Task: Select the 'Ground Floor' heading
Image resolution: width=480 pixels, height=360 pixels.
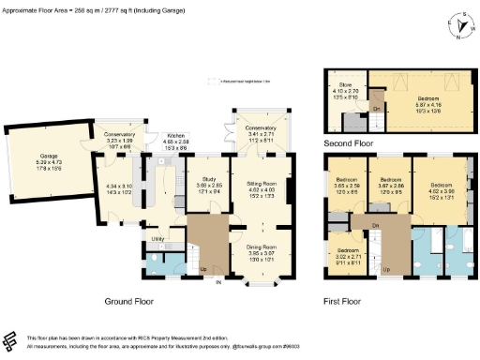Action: pos(127,302)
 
